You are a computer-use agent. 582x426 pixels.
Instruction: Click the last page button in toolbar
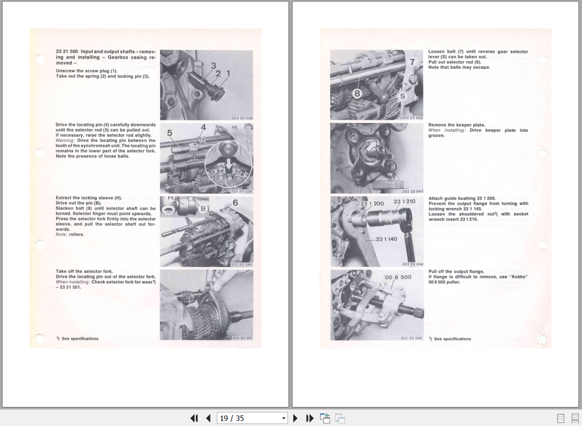pos(310,418)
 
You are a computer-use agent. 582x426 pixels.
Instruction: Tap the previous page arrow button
pos(208,418)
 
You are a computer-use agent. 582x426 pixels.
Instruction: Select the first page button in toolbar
pos(194,418)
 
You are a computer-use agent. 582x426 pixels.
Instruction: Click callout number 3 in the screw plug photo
pos(213,66)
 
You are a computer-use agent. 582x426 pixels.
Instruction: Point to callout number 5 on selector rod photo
pos(170,133)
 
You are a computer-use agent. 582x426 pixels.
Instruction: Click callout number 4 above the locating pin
pos(203,127)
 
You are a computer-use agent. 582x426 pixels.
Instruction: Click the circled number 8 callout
pos(357,93)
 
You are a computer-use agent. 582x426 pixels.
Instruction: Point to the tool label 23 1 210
pos(404,201)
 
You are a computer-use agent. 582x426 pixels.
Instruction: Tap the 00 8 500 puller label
pos(398,277)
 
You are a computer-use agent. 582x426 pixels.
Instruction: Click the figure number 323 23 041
pos(242,338)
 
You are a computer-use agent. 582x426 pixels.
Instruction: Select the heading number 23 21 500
pos(67,52)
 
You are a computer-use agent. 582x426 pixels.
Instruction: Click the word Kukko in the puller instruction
pos(518,277)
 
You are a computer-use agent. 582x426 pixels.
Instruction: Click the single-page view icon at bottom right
pos(560,418)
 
